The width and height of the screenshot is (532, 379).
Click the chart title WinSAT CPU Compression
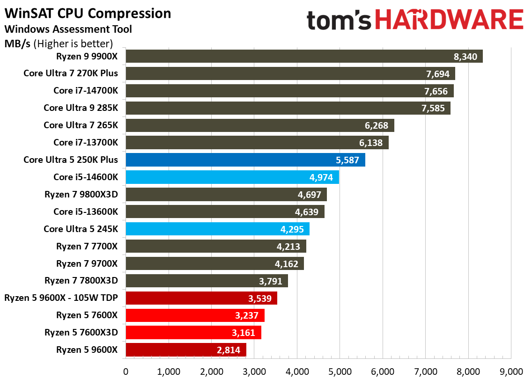(x=88, y=13)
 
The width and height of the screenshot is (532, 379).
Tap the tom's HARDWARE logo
(x=415, y=20)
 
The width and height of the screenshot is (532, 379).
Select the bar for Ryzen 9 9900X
(x=304, y=56)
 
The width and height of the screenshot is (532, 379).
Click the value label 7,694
(x=436, y=73)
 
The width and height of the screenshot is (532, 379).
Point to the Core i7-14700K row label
(x=86, y=91)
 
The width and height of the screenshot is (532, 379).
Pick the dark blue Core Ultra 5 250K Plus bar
(x=245, y=160)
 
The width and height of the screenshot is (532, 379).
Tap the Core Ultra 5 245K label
(x=81, y=229)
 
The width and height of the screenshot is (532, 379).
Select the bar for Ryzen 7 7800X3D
(x=207, y=281)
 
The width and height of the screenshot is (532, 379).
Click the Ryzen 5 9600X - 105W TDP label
(x=61, y=298)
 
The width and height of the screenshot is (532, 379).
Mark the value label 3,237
(x=247, y=315)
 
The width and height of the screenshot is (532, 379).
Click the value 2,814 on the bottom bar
(x=229, y=350)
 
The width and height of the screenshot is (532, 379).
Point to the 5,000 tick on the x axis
(x=340, y=371)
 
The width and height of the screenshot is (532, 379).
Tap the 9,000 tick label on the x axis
(x=511, y=371)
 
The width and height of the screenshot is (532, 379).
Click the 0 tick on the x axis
(x=126, y=371)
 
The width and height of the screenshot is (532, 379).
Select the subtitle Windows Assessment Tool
(x=68, y=29)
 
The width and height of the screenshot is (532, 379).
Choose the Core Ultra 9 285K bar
(x=288, y=108)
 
